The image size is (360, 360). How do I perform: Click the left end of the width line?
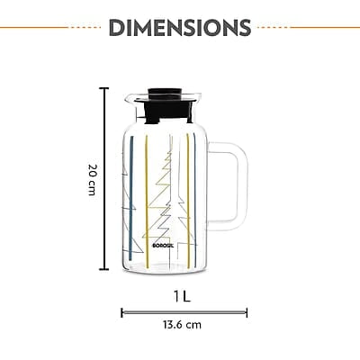(121, 312)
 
